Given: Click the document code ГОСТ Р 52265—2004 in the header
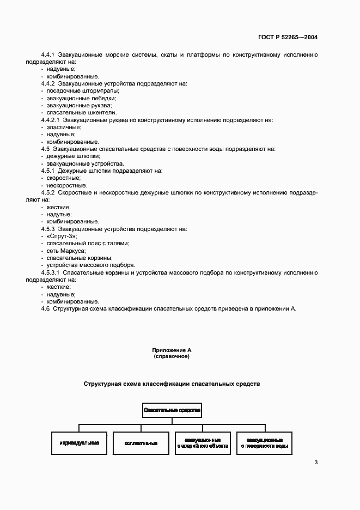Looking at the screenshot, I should [288, 38].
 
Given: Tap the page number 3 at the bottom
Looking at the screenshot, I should [316, 463].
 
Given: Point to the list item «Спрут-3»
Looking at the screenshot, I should [62, 236].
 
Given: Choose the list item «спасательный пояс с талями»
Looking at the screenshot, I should [88, 243].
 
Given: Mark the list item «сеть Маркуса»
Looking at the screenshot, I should [66, 250].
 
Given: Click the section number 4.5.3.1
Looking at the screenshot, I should [53, 272].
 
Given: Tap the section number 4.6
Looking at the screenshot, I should [45, 308].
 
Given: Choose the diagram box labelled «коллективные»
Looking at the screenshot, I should [141, 443].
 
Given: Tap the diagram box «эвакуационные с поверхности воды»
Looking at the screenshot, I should [264, 443].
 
